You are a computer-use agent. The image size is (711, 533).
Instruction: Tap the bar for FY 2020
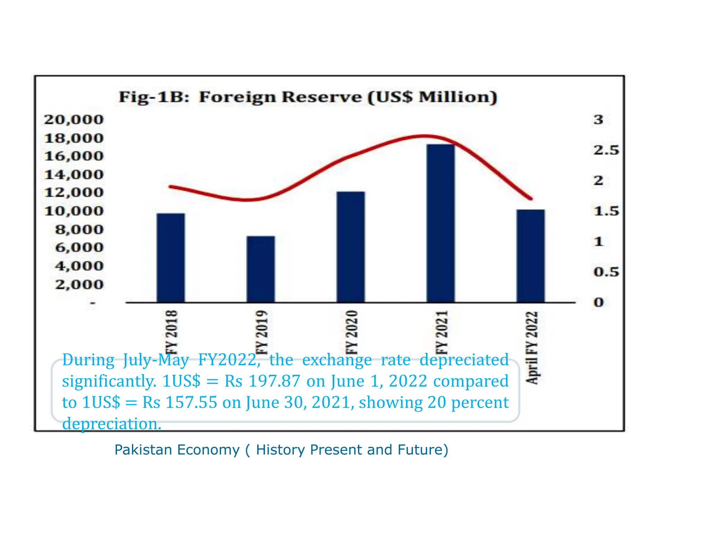(351, 247)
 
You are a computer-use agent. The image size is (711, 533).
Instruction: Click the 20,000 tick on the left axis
(74, 120)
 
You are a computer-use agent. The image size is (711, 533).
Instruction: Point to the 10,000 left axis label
(74, 211)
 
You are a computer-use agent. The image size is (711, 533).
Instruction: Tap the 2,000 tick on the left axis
(79, 285)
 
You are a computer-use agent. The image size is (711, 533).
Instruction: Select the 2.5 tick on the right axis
(606, 150)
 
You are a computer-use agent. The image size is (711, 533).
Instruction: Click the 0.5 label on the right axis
(606, 272)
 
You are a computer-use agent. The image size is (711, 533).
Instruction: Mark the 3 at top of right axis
(598, 120)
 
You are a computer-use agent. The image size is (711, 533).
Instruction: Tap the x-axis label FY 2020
(351, 332)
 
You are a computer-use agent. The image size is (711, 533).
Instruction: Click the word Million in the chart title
(458, 97)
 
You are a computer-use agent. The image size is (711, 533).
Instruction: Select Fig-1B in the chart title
(154, 97)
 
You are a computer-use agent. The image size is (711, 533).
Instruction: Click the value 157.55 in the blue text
(191, 403)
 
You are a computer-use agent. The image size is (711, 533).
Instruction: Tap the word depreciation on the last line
(111, 424)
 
